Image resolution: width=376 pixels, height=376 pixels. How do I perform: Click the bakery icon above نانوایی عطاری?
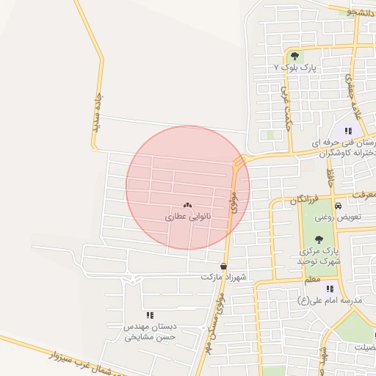point(187,206)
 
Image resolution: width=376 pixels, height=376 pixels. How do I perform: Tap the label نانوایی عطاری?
point(187,217)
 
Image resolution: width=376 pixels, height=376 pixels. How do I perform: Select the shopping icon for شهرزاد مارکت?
point(223,267)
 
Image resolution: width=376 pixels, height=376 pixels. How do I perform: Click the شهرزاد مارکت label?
point(223,278)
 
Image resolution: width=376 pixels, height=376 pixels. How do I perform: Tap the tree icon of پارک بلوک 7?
point(295,56)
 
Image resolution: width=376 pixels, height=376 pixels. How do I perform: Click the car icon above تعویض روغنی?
point(337,206)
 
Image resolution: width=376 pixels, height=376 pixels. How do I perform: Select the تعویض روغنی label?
point(338,217)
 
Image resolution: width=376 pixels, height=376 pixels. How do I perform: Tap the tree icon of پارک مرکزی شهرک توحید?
point(319,239)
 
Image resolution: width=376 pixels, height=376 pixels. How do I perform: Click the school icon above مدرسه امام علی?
point(330,289)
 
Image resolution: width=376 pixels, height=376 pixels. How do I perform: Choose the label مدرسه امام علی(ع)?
point(330,300)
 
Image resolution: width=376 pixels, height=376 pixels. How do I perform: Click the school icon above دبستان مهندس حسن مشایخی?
point(151,314)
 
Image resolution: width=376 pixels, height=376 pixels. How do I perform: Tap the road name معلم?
point(312,280)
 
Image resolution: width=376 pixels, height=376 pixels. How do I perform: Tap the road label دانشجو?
point(361,12)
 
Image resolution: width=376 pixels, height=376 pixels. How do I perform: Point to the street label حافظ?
point(330,176)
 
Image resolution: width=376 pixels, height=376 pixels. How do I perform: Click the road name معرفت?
point(362,195)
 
